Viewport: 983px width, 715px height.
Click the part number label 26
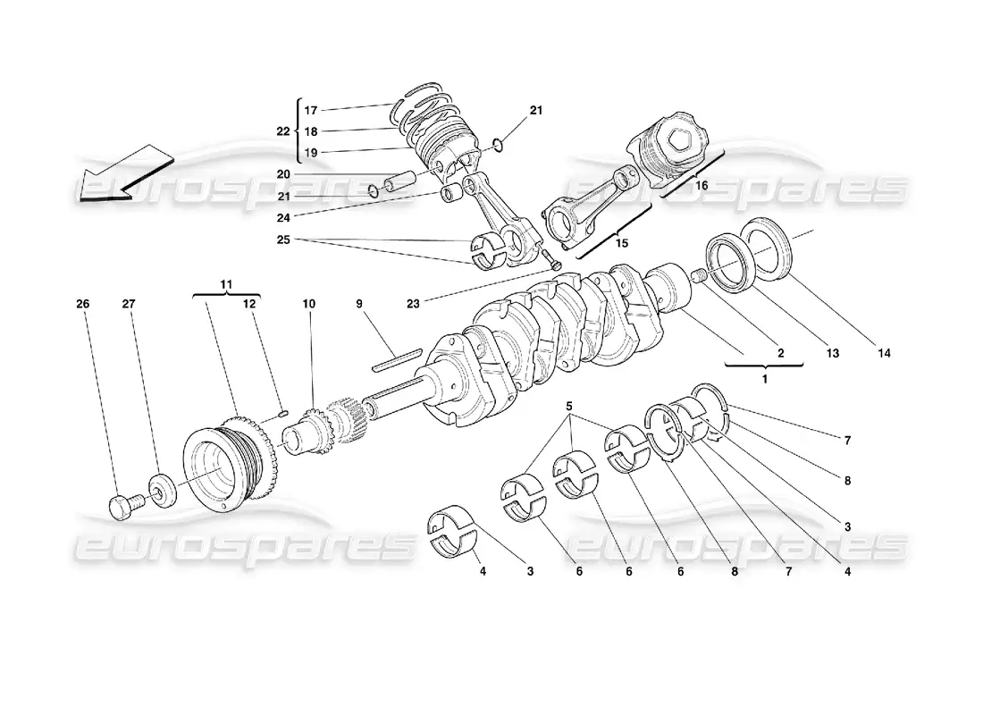coord(82,305)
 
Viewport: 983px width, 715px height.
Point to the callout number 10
coord(308,305)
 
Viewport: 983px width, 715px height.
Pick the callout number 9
coord(359,305)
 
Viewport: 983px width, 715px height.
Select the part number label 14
coord(884,354)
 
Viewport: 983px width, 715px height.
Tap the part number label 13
coord(832,354)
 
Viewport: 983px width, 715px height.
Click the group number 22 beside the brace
coord(282,130)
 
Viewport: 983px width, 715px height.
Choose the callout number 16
coord(702,185)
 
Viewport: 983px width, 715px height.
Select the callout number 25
coord(282,240)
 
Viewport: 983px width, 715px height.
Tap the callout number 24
coord(282,216)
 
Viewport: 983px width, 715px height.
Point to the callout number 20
coord(282,174)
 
